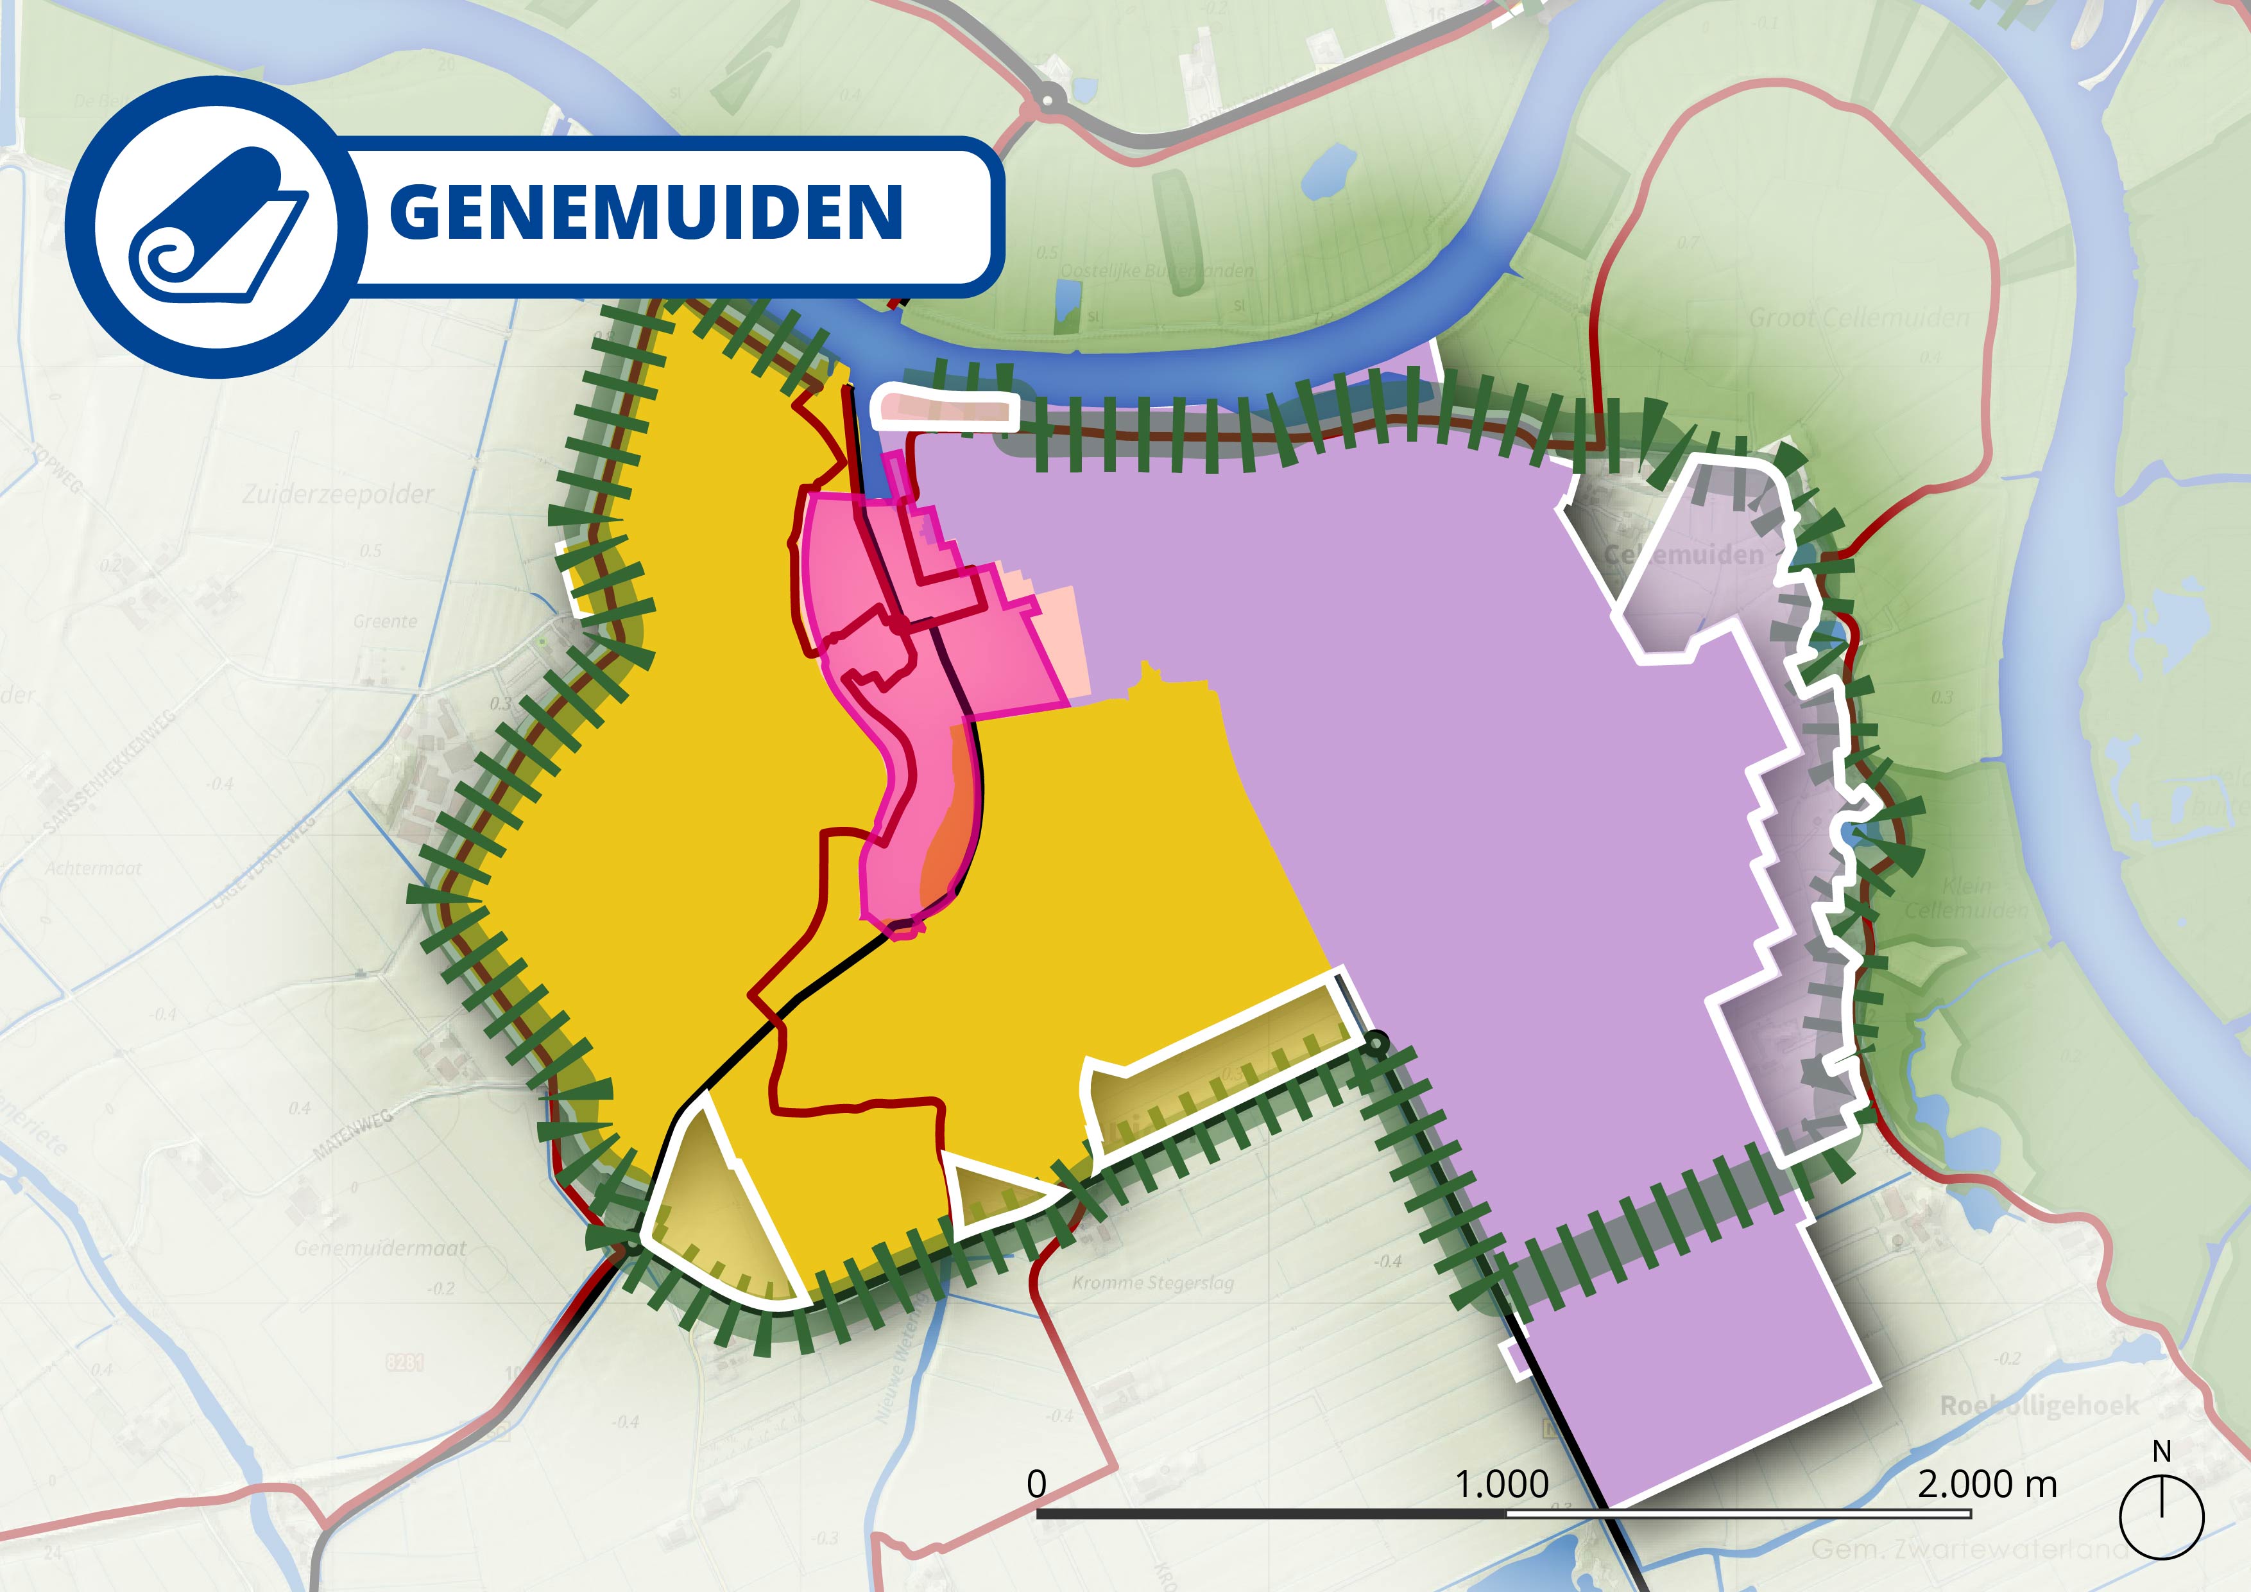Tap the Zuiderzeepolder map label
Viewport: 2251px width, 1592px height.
[x=338, y=494]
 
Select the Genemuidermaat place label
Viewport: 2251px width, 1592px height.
[x=381, y=1249]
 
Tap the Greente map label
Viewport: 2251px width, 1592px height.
[x=385, y=621]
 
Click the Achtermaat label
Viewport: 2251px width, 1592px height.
[x=93, y=868]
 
